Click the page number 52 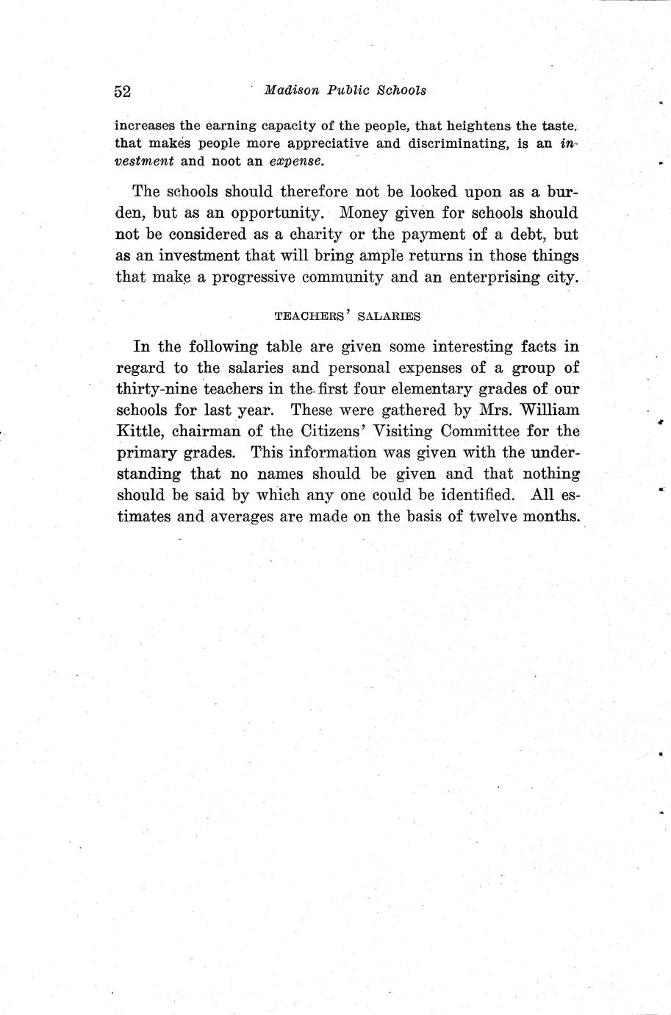pyautogui.click(x=122, y=91)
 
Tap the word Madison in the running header pyautogui.click(x=292, y=90)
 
